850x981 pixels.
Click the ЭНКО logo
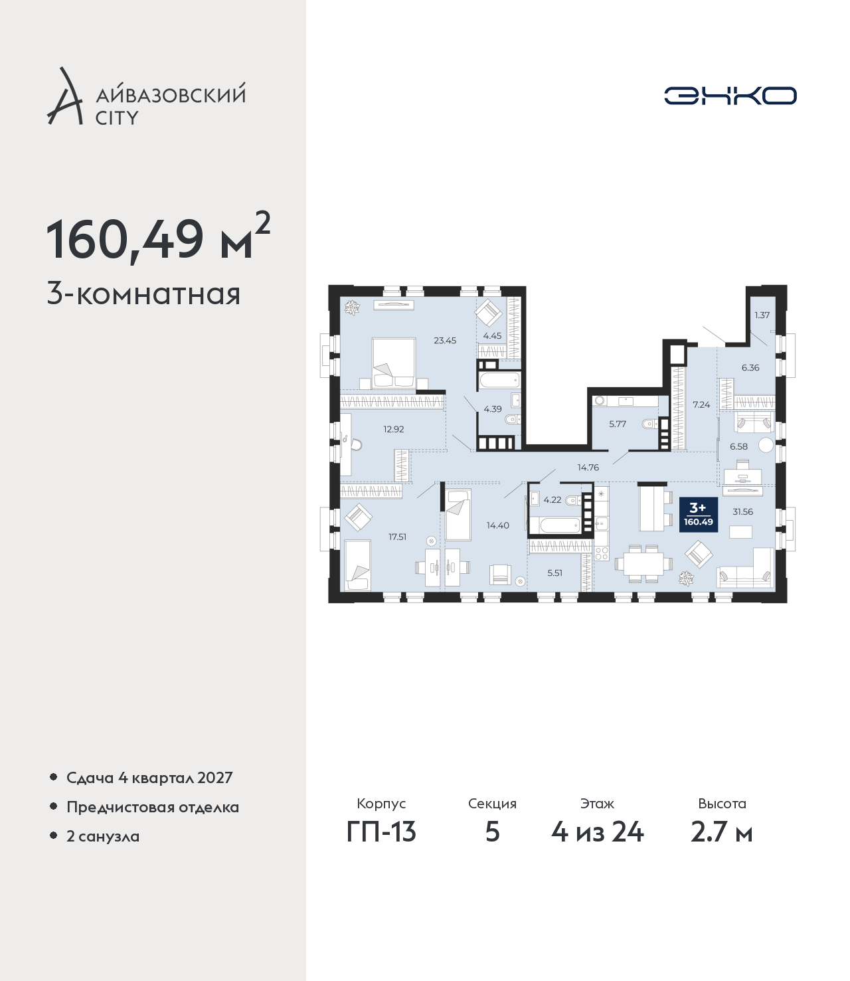730,96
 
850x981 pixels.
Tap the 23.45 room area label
445,340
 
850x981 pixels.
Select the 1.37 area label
762,315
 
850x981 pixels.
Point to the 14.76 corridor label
588,468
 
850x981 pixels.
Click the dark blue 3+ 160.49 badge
698,515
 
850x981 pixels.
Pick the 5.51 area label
554,573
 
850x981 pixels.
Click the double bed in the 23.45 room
393,363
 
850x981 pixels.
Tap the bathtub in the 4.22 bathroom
554,526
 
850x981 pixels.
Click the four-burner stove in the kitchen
602,553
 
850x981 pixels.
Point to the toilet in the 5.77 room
649,423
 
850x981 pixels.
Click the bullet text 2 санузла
103,836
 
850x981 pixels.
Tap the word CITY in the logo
117,118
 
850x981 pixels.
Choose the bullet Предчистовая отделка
153,807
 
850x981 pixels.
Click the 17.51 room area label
397,537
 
